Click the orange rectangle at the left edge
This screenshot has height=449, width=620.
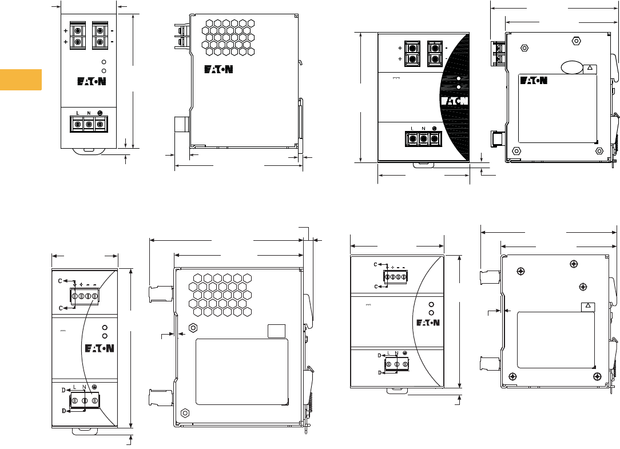tap(21, 80)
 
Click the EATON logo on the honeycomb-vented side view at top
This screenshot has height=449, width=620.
tap(218, 70)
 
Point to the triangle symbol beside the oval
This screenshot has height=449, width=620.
tap(590, 68)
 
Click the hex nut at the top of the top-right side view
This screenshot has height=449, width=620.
tap(576, 41)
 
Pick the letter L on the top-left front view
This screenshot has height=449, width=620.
tap(78, 113)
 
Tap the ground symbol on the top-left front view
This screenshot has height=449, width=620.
tap(100, 113)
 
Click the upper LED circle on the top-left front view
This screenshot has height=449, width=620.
tap(104, 62)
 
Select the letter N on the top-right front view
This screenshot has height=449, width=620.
tap(423, 128)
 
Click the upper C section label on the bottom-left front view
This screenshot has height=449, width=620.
tap(60, 281)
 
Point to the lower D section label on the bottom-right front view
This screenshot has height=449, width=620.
tap(379, 372)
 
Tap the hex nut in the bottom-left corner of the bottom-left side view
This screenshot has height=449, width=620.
tap(184, 412)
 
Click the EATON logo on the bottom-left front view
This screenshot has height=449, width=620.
tap(100, 348)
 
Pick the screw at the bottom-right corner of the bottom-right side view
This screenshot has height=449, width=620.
tap(597, 376)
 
